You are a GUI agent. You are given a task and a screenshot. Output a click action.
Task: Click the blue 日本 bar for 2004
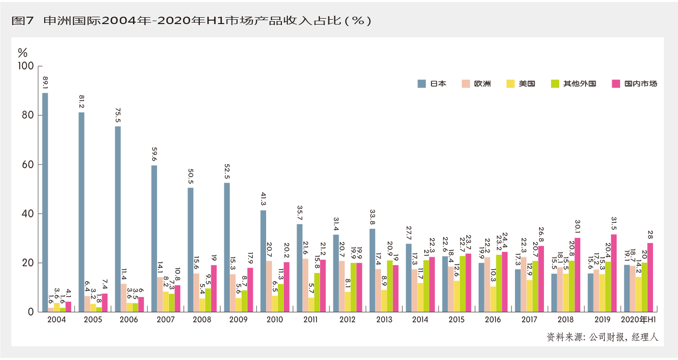point(45,202)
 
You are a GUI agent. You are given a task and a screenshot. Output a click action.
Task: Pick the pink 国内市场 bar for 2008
point(214,288)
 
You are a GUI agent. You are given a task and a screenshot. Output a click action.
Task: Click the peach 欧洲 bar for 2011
point(305,285)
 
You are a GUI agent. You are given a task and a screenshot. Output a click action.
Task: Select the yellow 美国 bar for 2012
point(348,302)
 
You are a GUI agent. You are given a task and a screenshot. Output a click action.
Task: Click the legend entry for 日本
point(432,83)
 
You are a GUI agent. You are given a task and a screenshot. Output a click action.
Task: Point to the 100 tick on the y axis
point(25,66)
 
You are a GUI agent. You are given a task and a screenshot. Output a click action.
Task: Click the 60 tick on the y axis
point(27,165)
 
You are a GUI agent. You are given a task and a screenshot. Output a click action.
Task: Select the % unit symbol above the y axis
point(23,52)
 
